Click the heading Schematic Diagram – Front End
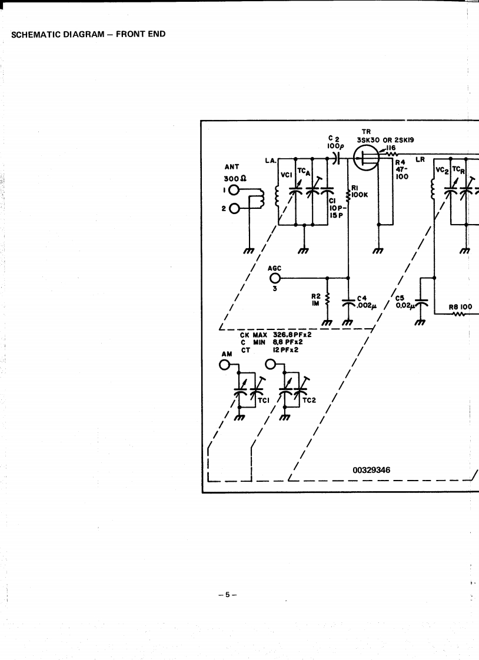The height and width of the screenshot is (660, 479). (88, 34)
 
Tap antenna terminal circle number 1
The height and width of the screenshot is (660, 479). (234, 190)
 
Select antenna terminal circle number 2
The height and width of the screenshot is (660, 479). (234, 209)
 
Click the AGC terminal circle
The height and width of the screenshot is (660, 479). (275, 278)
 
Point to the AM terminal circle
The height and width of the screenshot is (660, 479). (224, 365)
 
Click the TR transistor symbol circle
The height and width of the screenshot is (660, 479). (367, 158)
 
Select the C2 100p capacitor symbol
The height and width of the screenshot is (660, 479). (335, 158)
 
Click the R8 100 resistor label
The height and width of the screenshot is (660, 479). (461, 306)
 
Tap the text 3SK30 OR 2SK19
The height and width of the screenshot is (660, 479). (384, 140)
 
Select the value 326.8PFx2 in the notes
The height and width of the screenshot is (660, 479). (292, 335)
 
